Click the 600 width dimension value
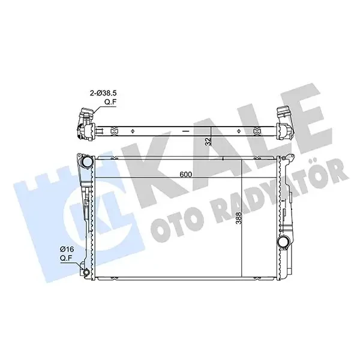[186, 175]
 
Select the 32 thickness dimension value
[208, 142]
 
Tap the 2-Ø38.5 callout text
[103, 94]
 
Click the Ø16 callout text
[66, 249]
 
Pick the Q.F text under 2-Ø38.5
[110, 103]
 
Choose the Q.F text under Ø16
[66, 258]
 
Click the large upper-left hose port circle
[87, 163]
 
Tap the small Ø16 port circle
[86, 272]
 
